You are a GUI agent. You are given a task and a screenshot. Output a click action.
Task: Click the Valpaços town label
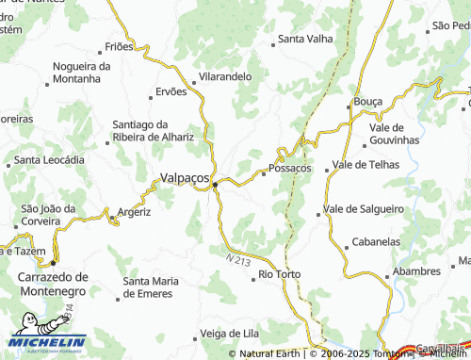tap(186, 176)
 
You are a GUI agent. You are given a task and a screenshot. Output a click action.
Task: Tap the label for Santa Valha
tap(304, 40)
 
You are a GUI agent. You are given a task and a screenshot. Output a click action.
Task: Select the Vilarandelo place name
tap(224, 76)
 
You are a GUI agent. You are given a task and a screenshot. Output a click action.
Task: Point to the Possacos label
tap(290, 168)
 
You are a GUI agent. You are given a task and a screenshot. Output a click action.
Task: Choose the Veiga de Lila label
tap(231, 333)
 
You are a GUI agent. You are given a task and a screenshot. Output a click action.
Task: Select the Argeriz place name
tap(135, 212)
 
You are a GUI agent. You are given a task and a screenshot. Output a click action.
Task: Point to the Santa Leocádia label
tap(56, 159)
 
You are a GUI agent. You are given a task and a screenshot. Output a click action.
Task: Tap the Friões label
tap(120, 45)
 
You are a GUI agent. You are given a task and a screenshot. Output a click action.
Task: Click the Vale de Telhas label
tap(366, 165)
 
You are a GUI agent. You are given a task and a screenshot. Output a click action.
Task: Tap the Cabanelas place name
tap(376, 241)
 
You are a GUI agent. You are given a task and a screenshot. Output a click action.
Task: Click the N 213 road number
tap(238, 255)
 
